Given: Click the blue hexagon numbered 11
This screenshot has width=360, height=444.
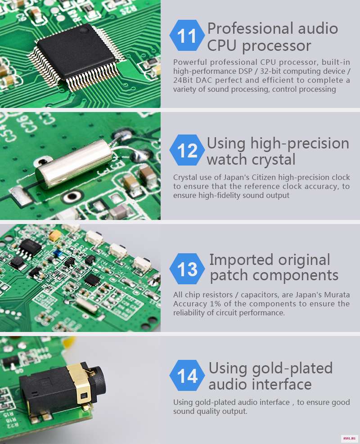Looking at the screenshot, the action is [187, 36].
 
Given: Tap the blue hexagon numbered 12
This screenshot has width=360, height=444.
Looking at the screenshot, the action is [187, 150].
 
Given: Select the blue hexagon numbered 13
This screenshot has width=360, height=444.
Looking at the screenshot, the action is [187, 269].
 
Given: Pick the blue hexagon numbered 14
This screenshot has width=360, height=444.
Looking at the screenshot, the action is [187, 376].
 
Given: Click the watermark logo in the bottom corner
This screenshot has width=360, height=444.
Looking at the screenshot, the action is [349, 438].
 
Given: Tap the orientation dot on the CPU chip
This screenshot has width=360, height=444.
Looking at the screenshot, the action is [83, 30].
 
